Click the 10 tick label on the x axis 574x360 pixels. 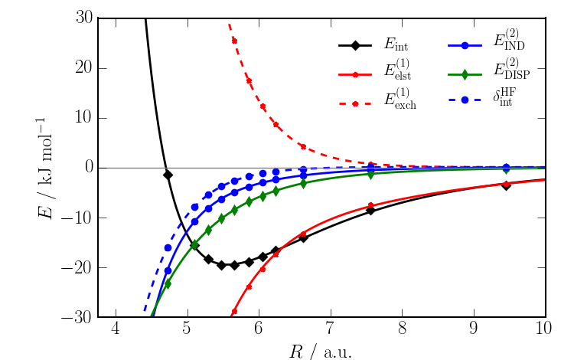(545, 331)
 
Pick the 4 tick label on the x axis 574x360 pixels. (116, 331)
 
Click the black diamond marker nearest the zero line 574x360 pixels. (168, 175)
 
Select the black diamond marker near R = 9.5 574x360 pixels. (506, 185)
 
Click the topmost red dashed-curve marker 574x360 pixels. (234, 41)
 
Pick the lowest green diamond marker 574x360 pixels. (168, 283)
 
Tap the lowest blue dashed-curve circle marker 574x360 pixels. (168, 247)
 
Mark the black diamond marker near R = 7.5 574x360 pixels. (370, 210)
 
